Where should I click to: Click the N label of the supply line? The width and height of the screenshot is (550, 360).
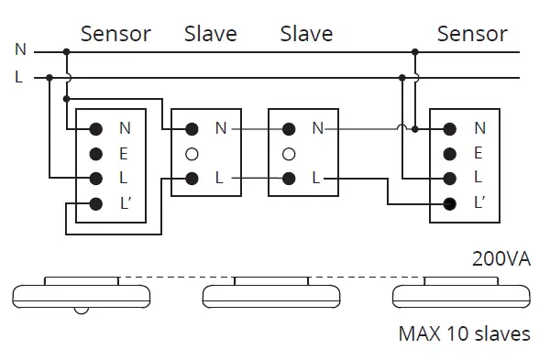(19, 50)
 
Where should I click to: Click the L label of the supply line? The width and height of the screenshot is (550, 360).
(19, 78)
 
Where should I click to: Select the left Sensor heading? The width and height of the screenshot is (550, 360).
(115, 35)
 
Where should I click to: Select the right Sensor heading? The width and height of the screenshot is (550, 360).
(471, 35)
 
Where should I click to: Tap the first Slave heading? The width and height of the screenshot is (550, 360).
(210, 35)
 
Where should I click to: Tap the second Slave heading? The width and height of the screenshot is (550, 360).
(306, 35)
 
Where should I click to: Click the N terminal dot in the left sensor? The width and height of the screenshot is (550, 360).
(94, 129)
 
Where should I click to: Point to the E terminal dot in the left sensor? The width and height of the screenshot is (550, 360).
(94, 154)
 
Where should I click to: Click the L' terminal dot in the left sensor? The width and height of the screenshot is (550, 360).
(94, 203)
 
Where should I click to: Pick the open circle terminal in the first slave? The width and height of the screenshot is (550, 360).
(192, 154)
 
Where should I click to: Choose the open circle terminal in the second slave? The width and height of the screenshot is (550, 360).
(289, 154)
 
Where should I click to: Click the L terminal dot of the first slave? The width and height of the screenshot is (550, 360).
(192, 179)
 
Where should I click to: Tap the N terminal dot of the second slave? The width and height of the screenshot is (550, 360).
(289, 129)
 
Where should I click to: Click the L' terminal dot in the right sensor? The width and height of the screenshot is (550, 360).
(450, 203)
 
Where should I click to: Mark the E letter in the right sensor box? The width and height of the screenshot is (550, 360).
(478, 154)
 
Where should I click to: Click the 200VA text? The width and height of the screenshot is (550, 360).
(500, 259)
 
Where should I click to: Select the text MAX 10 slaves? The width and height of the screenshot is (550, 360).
(464, 333)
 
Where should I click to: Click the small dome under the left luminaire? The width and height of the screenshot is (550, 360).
(82, 310)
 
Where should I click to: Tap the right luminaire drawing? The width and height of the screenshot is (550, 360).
(461, 292)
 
